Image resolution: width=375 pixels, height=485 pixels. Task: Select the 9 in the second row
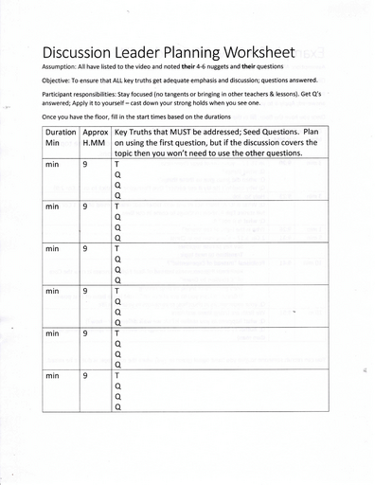pos(85,206)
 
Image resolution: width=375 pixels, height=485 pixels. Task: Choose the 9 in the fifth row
pos(85,333)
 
